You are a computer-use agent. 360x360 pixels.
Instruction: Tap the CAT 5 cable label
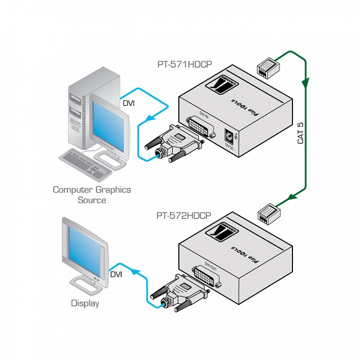pyautogui.click(x=301, y=132)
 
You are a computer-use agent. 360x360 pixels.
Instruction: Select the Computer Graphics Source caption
pyautogui.click(x=92, y=194)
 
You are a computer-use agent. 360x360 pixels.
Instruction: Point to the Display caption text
pyautogui.click(x=85, y=303)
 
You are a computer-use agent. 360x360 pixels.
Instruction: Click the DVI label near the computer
pyautogui.click(x=128, y=103)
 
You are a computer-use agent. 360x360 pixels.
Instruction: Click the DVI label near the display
pyautogui.click(x=116, y=274)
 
